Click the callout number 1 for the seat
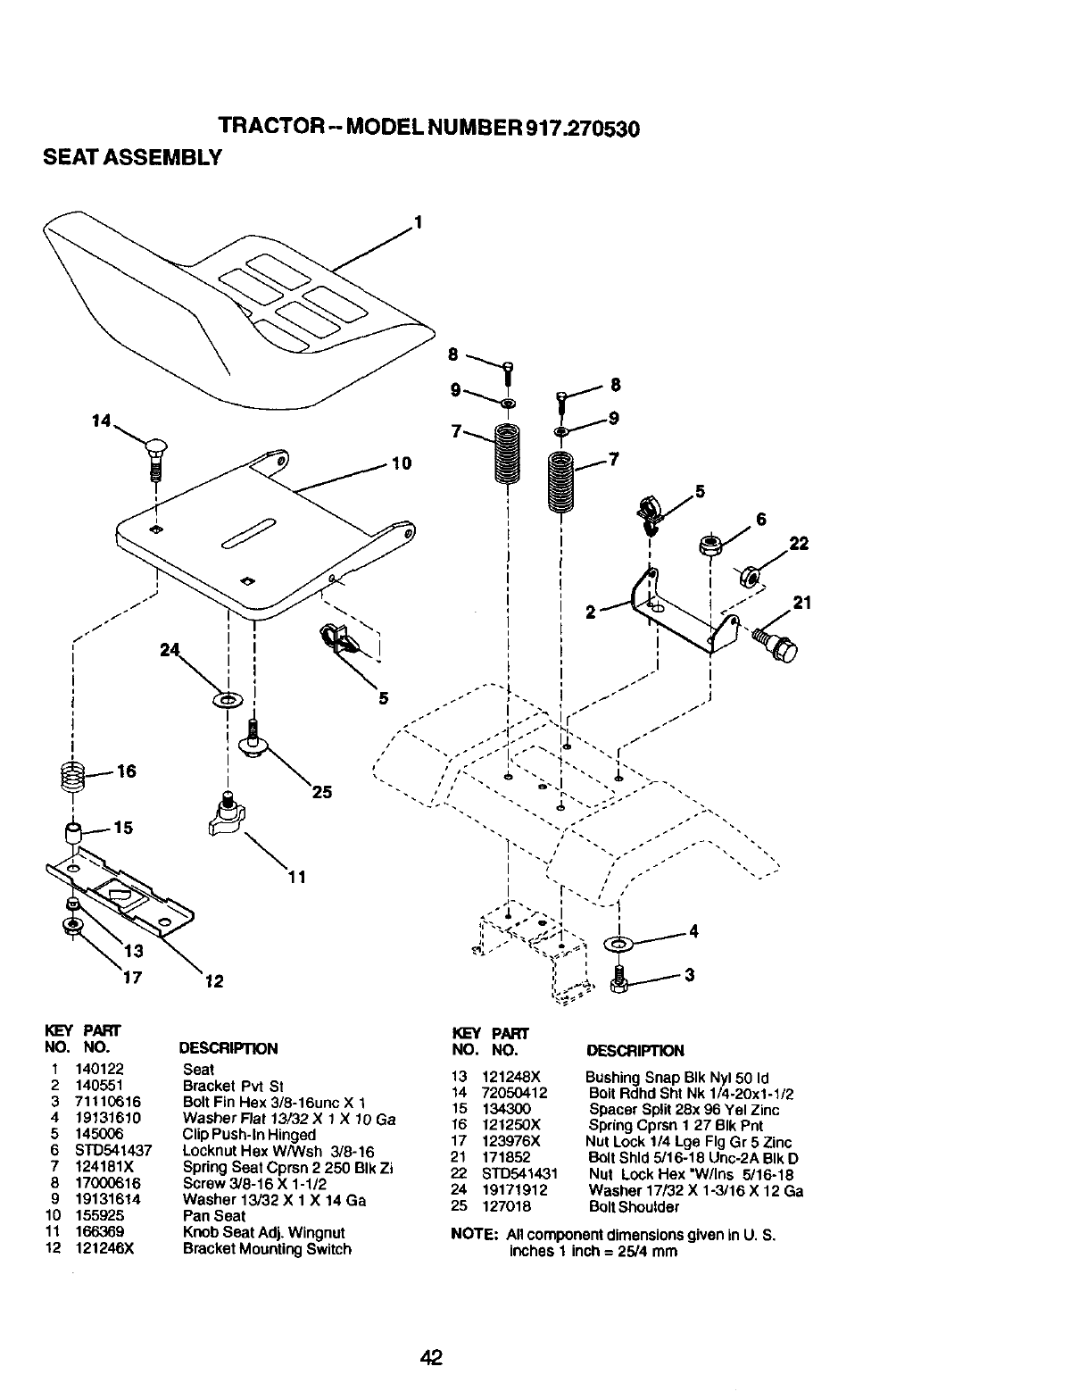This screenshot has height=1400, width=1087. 417,222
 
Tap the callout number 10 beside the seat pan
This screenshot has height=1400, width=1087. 401,463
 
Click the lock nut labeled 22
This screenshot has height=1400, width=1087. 749,577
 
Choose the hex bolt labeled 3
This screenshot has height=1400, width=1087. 618,980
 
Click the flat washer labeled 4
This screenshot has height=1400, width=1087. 618,943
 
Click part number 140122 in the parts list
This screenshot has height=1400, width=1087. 92,1070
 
